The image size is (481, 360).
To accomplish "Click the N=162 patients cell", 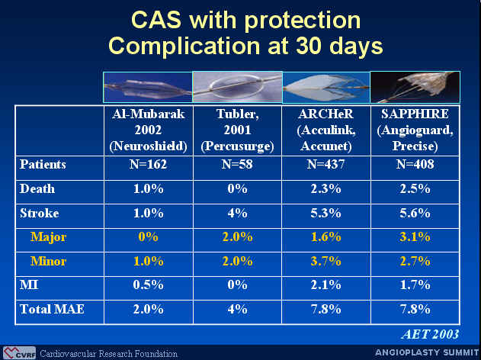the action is click(148, 165).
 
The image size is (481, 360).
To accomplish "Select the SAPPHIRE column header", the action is click(415, 130).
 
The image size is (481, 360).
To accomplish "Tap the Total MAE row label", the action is click(52, 309).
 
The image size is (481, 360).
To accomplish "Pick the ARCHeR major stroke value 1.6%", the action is click(325, 237).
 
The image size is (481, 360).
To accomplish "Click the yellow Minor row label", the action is click(48, 261).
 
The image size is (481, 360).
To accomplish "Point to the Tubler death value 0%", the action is click(237, 188).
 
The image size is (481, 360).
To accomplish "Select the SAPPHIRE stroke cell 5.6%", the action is click(415, 213).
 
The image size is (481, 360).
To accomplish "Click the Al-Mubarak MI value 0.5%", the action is click(148, 284).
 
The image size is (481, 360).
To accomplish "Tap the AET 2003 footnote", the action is click(430, 334).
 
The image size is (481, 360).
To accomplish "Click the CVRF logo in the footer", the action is click(19, 353).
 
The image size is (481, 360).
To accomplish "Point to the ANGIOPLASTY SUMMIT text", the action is click(427, 352).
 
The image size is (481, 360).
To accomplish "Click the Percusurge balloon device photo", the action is click(237, 87).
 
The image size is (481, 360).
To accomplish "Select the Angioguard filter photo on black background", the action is click(415, 87).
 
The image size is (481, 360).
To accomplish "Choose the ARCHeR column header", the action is click(325, 130).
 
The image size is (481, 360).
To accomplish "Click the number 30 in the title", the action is click(309, 46).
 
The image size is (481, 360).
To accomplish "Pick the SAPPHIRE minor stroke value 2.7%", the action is click(415, 261).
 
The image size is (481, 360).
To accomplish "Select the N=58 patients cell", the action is click(237, 165).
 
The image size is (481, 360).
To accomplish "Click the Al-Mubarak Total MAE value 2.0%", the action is click(148, 309).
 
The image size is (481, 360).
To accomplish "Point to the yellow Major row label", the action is click(48, 237).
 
